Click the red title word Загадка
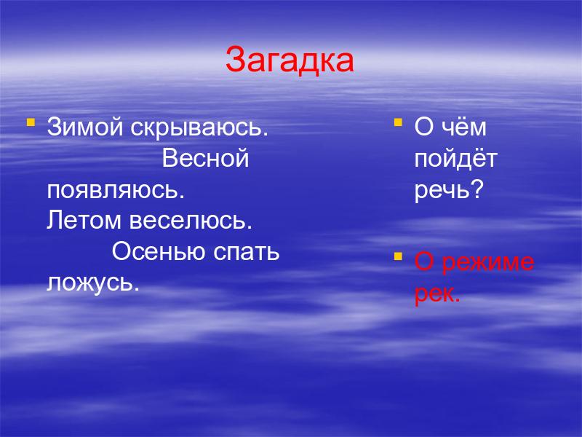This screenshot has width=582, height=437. click(290, 60)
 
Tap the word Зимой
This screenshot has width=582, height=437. click(85, 127)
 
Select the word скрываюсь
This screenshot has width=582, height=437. click(199, 128)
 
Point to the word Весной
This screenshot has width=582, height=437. click(205, 158)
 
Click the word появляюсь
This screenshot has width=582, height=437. click(116, 190)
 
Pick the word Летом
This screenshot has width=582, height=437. click(84, 220)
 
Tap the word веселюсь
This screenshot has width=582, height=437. click(191, 221)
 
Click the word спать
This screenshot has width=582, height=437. click(246, 252)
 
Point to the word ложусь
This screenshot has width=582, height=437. click(93, 283)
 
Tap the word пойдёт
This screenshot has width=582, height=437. click(456, 159)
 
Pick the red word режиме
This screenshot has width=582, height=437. click(488, 263)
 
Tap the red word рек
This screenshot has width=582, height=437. click(437, 295)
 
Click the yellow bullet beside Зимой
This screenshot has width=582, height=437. click(31, 122)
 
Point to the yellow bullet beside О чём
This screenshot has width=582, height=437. click(398, 122)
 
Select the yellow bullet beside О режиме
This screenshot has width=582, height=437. click(398, 256)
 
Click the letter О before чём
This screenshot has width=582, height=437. click(424, 127)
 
